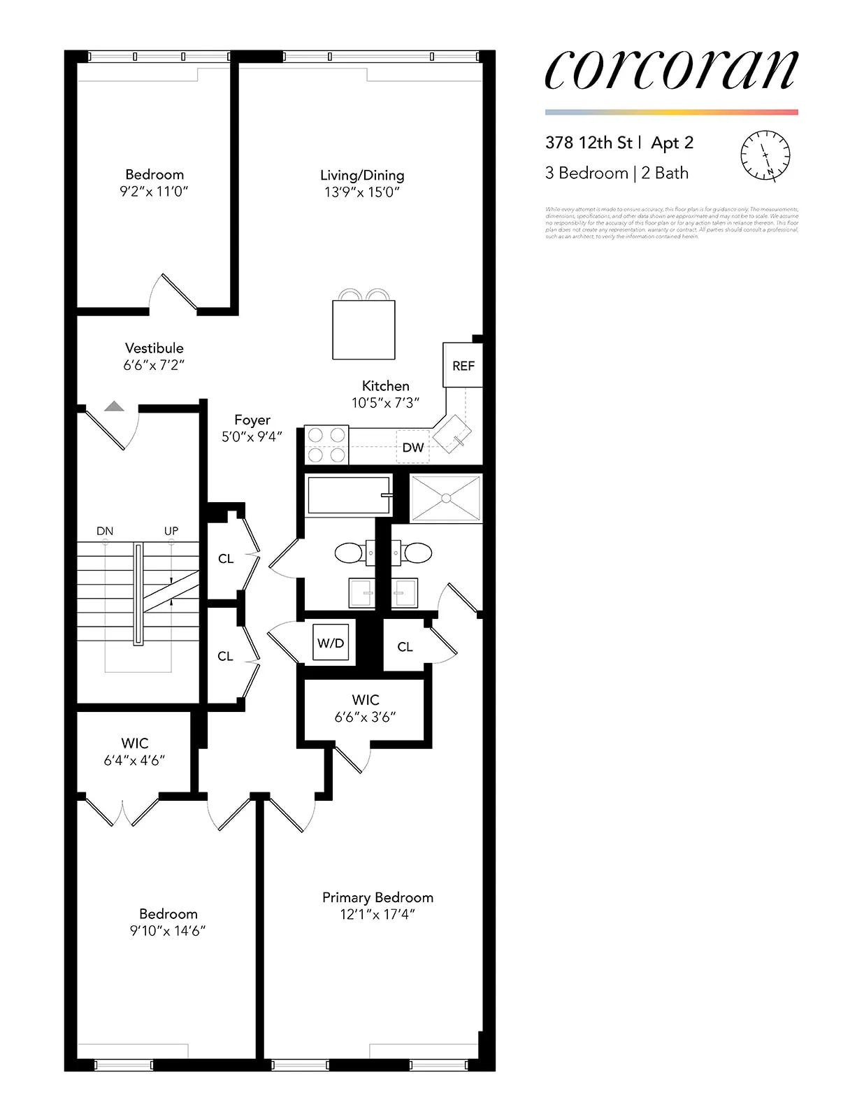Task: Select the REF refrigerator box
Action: [x=463, y=365]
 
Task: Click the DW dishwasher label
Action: [x=412, y=448]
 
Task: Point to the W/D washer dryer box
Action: [x=331, y=643]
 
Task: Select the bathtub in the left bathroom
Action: [x=348, y=495]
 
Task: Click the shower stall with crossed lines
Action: [x=445, y=498]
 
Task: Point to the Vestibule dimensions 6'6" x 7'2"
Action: [x=154, y=365]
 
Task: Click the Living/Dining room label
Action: [x=362, y=176]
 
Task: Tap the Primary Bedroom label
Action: [x=377, y=897]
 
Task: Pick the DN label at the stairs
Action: [x=105, y=531]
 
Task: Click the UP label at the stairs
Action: [x=171, y=531]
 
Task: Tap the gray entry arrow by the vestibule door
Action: [x=115, y=406]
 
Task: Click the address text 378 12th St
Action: [x=588, y=143]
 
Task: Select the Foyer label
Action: [x=252, y=420]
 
